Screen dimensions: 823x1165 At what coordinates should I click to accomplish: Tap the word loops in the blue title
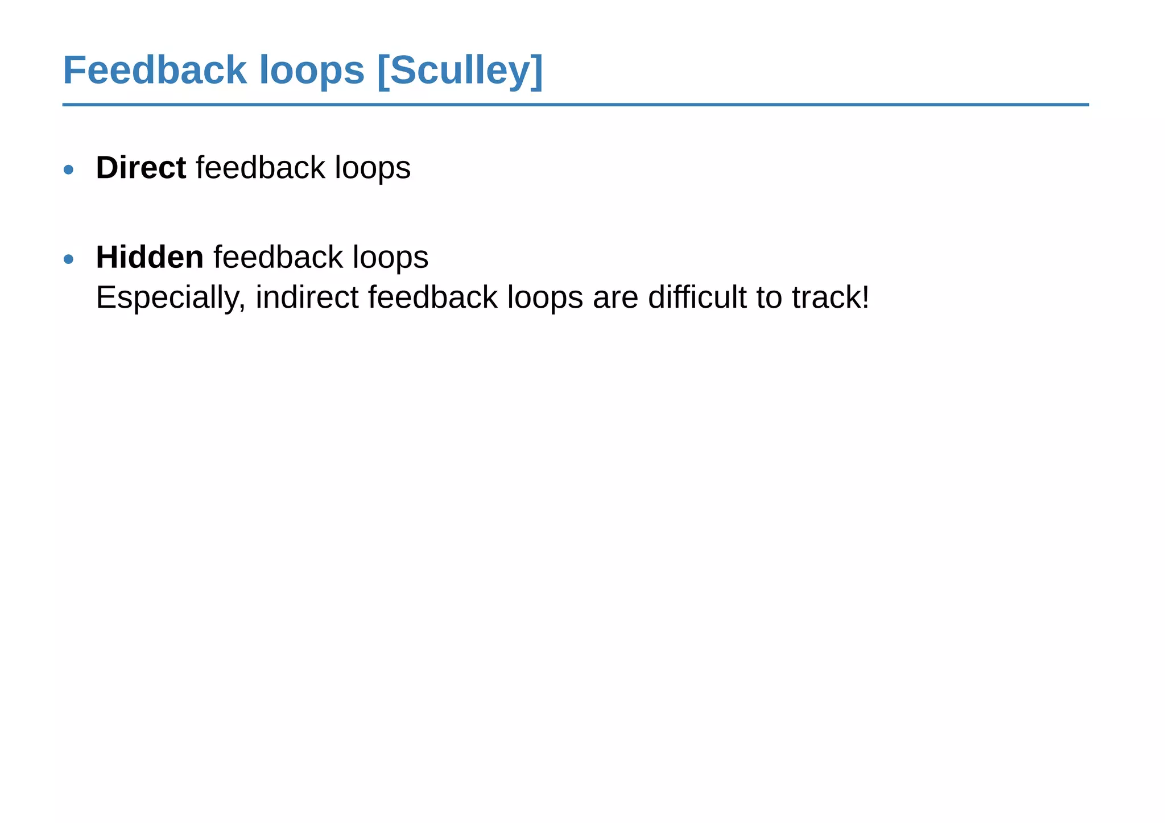[x=311, y=71]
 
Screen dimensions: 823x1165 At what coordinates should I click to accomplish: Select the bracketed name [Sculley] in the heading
[x=460, y=72]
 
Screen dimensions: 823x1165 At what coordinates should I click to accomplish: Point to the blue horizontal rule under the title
[x=575, y=105]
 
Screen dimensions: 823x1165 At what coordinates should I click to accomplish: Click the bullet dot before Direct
[x=69, y=169]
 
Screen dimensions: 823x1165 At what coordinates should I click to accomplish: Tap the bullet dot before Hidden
[x=69, y=259]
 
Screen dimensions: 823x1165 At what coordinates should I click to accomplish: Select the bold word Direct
[x=141, y=168]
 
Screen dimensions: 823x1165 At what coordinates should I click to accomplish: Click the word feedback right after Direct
[x=261, y=168]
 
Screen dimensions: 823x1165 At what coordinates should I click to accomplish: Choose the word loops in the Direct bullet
[x=373, y=169]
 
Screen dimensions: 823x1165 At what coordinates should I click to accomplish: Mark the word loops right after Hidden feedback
[x=390, y=258]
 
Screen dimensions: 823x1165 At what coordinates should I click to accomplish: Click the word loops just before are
[x=545, y=298]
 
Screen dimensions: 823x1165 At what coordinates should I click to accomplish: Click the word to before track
[x=769, y=297]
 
